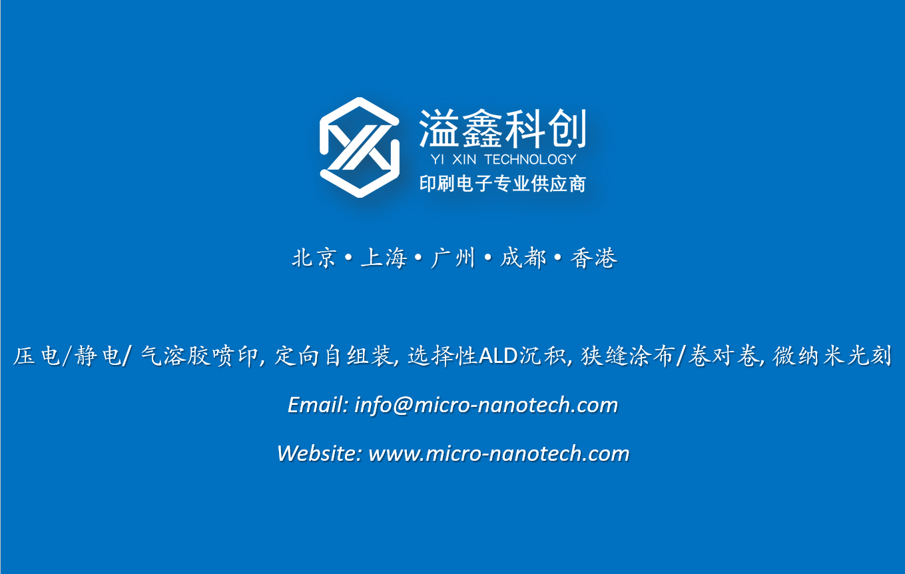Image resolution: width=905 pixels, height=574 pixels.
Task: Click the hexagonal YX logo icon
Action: coord(359,147)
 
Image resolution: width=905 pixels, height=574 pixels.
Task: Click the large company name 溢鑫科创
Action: coord(503,129)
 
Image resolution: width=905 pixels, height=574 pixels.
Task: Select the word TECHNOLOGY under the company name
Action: coord(531,160)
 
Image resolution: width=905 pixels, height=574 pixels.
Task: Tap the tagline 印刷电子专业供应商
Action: coord(503,184)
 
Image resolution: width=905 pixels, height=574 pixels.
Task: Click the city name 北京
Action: coord(314,258)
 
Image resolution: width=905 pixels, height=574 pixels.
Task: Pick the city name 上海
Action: coord(384,258)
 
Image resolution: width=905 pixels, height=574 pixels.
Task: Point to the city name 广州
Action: coord(453,258)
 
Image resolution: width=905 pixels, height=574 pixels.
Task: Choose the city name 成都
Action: coord(523,258)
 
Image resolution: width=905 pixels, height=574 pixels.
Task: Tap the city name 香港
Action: coord(594,258)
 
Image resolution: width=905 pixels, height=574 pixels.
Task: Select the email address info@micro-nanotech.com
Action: coord(486,405)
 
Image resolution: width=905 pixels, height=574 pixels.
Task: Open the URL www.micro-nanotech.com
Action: coord(499,453)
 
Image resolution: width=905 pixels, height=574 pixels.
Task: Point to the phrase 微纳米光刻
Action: coord(832,356)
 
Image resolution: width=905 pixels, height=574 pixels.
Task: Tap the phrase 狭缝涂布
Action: coord(628,356)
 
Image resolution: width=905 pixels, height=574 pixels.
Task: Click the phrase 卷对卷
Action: coord(724,356)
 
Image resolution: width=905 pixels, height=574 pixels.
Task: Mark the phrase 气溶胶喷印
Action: coord(199,356)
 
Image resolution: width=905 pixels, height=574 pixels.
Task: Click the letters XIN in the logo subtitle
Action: coord(464,160)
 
